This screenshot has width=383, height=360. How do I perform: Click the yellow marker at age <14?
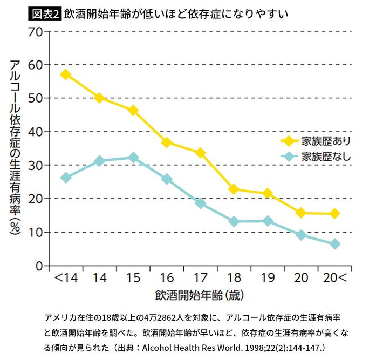[66, 74]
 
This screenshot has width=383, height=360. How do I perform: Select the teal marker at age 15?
[133, 158]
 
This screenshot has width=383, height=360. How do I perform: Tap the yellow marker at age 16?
[167, 142]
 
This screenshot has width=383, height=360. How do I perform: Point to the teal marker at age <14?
[66, 178]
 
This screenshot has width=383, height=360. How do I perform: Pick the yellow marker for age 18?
[234, 189]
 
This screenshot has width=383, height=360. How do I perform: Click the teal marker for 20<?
[334, 244]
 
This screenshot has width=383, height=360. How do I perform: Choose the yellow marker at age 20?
[301, 213]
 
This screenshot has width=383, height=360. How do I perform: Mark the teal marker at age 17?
[200, 203]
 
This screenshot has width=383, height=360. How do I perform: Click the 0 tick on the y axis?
[39, 266]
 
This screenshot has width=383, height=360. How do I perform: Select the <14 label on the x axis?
[65, 279]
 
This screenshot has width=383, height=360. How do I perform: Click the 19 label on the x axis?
[268, 279]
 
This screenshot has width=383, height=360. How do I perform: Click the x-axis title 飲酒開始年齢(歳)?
[200, 296]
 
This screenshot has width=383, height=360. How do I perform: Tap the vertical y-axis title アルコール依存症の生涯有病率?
[15, 146]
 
